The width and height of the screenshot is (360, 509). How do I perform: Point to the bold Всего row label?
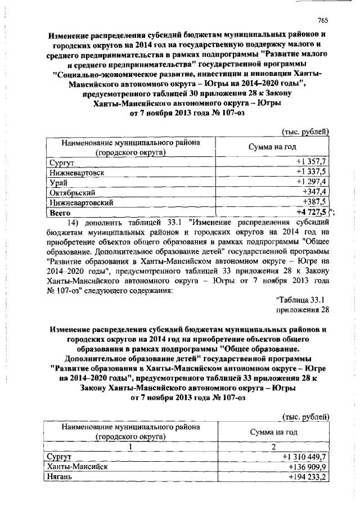[60, 212]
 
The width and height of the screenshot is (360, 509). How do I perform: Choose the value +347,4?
[315, 192]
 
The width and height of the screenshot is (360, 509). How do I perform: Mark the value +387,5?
[315, 202]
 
